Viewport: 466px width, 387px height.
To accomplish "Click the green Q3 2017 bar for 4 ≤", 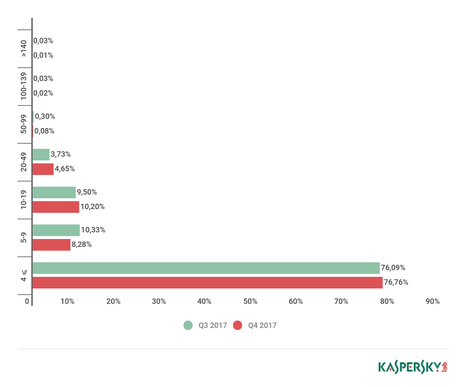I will pyautogui.click(x=206, y=268).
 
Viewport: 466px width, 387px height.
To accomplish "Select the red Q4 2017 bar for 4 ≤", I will pyautogui.click(x=207, y=283).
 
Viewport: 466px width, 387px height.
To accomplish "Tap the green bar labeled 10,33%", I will pyautogui.click(x=56, y=230).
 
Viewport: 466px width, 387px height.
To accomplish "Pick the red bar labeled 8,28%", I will pyautogui.click(x=51, y=245).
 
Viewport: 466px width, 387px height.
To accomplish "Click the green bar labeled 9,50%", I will pyautogui.click(x=54, y=192).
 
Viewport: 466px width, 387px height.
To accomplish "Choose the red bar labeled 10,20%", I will pyautogui.click(x=55, y=207).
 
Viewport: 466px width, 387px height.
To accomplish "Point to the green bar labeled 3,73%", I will pyautogui.click(x=41, y=155).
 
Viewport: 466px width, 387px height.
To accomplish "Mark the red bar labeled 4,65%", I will pyautogui.click(x=43, y=169).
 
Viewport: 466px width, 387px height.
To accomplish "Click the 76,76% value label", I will pyautogui.click(x=396, y=283).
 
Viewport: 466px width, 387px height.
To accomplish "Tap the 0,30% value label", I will pyautogui.click(x=45, y=116).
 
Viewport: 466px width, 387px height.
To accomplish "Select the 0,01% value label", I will pyautogui.click(x=43, y=55).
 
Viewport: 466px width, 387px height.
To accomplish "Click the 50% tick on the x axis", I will pyautogui.click(x=250, y=301).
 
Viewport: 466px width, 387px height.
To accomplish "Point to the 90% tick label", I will pyautogui.click(x=433, y=301).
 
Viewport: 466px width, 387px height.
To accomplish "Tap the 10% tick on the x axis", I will pyautogui.click(x=67, y=301).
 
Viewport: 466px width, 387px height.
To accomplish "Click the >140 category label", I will pyautogui.click(x=24, y=48).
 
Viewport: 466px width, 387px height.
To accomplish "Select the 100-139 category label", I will pyautogui.click(x=24, y=86).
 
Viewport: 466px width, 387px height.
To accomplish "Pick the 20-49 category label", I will pyautogui.click(x=24, y=162).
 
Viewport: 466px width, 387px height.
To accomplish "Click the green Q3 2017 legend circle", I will pyautogui.click(x=188, y=325).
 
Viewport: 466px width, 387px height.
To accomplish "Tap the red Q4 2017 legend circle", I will pyautogui.click(x=238, y=325).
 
